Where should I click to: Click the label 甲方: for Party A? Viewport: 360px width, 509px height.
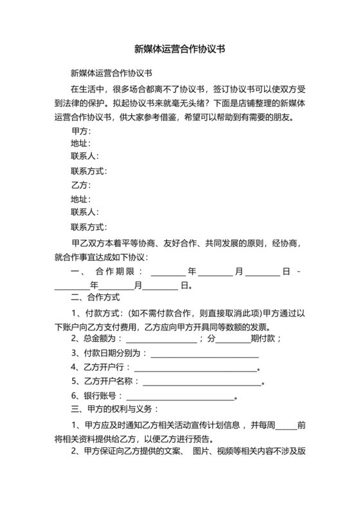[80, 132]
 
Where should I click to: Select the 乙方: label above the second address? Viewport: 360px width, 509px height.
[78, 185]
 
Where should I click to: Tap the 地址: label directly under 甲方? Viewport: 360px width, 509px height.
[80, 144]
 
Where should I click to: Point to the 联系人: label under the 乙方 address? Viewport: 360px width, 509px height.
[84, 212]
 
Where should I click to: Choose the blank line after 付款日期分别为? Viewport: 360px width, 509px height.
[204, 353]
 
